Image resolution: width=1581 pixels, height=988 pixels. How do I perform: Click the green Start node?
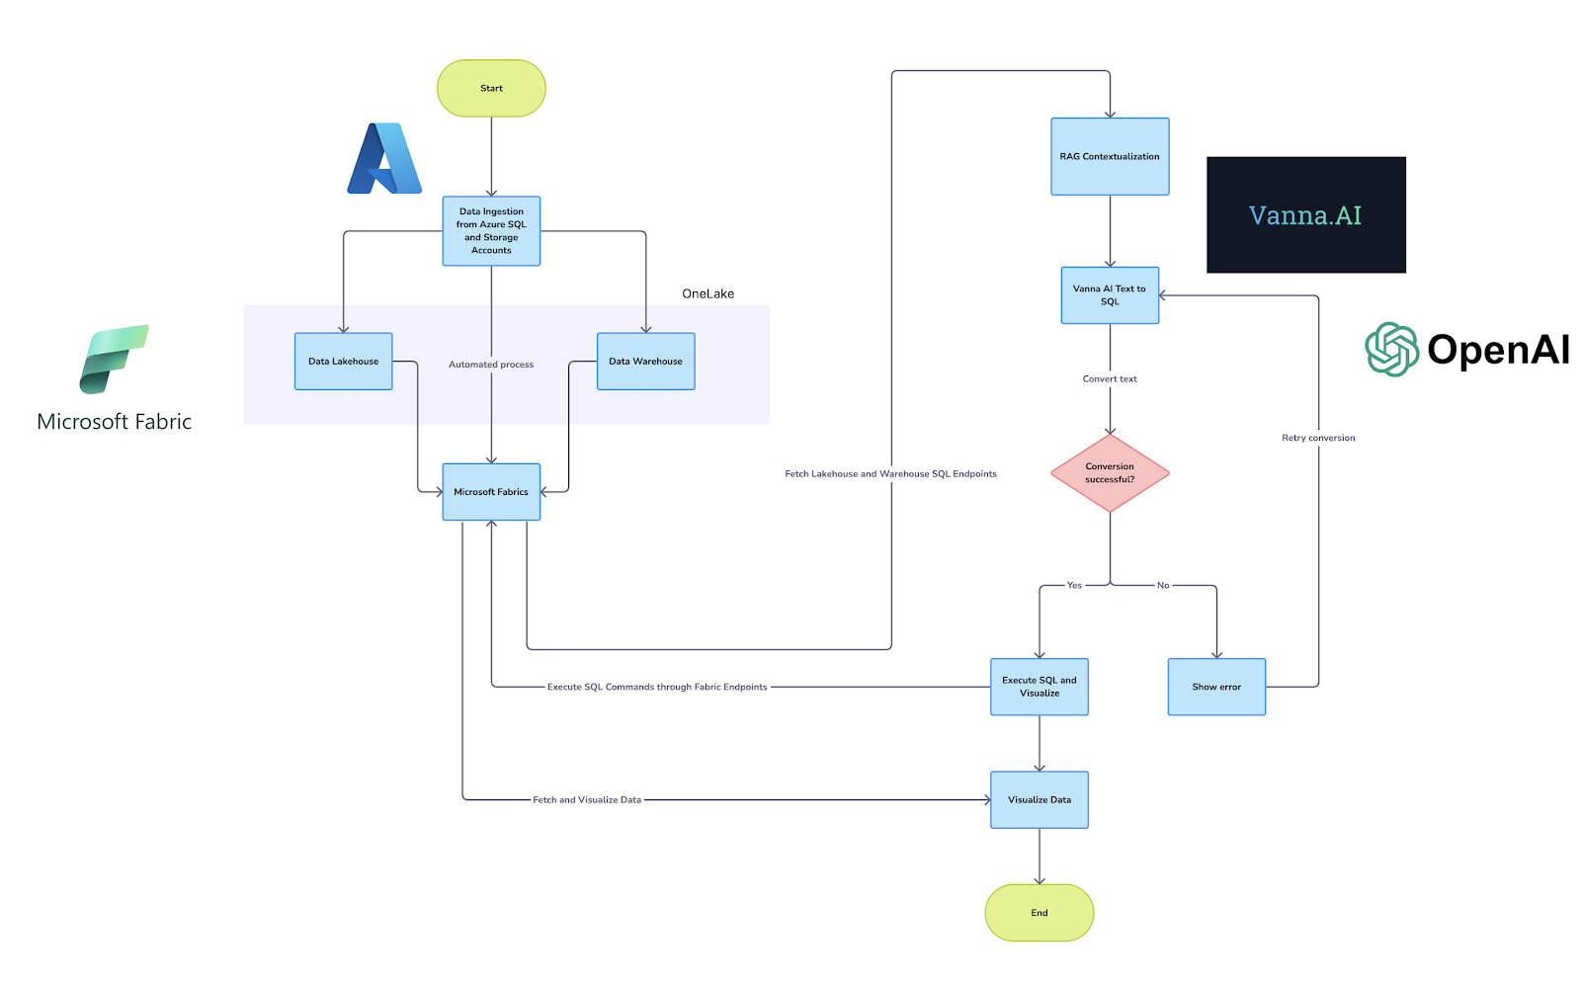[x=491, y=88]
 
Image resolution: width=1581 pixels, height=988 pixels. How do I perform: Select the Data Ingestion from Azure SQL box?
[x=491, y=230]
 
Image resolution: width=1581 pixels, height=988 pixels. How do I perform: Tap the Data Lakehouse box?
[x=343, y=361]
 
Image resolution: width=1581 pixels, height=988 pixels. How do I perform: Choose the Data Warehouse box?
[x=645, y=361]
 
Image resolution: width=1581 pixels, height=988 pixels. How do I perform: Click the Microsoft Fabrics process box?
[x=491, y=491]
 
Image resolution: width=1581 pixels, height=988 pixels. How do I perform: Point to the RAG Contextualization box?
[x=1110, y=156]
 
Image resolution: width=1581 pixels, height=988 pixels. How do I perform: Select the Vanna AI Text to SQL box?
[x=1110, y=294]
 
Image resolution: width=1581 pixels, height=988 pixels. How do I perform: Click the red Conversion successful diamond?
[x=1110, y=472]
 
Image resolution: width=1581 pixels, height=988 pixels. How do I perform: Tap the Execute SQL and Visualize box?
[x=1040, y=687]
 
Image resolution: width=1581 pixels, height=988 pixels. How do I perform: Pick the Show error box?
[x=1216, y=687]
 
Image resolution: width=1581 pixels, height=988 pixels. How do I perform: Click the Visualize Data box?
[x=1040, y=799]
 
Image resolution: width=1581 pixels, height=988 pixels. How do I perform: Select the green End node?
[x=1040, y=912]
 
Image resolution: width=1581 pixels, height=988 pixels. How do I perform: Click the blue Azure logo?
[x=384, y=159]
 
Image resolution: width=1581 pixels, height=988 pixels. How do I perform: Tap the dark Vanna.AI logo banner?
[x=1305, y=214]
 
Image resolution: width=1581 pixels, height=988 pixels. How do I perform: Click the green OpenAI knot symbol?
[x=1391, y=349]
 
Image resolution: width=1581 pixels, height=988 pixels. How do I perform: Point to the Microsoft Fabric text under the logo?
[x=115, y=422]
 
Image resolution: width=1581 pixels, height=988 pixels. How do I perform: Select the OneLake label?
[x=707, y=293]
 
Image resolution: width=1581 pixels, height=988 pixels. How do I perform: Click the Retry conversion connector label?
[x=1318, y=438]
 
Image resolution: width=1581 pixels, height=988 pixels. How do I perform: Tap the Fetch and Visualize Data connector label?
[x=587, y=799]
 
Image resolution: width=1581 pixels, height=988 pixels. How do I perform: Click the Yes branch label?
[x=1074, y=585]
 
